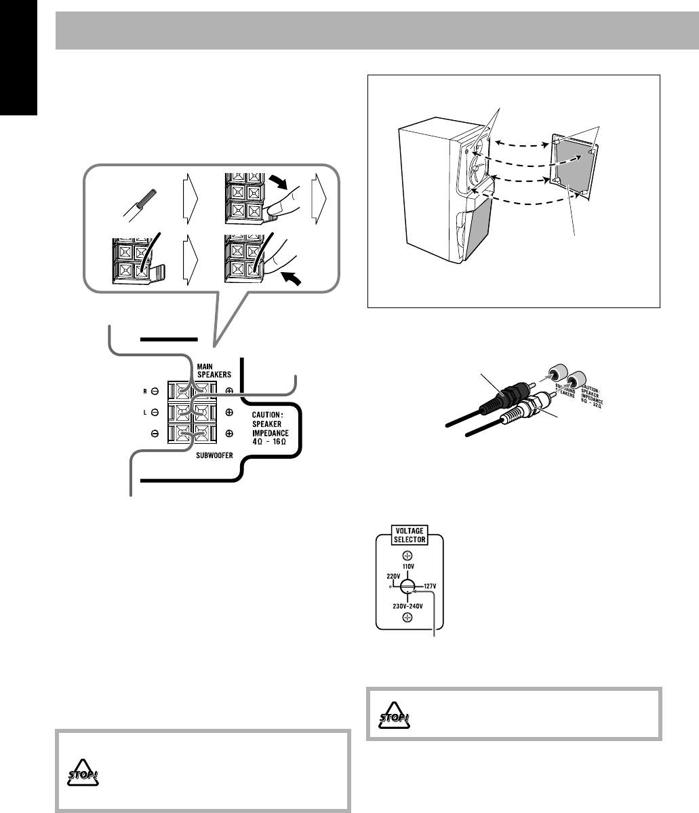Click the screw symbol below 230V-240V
point(407,617)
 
